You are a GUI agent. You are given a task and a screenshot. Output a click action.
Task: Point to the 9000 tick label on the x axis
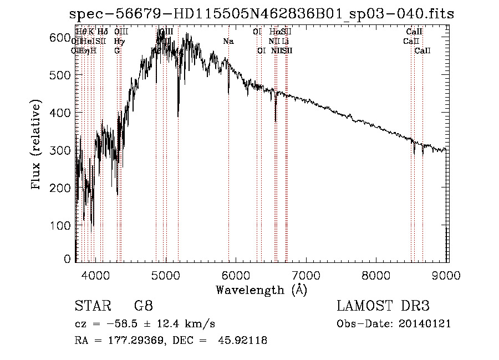click(447, 274)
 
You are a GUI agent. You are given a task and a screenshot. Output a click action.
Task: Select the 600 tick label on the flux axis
click(63, 37)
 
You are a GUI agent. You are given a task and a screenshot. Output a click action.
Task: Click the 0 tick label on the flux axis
click(68, 259)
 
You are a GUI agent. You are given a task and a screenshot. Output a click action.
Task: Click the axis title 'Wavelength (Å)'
click(261, 289)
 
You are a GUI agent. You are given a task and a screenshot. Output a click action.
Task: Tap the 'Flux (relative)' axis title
click(37, 146)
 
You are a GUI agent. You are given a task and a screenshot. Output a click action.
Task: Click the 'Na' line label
click(228, 42)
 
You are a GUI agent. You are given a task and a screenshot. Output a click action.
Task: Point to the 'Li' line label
click(285, 42)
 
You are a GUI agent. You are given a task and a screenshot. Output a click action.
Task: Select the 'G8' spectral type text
click(142, 306)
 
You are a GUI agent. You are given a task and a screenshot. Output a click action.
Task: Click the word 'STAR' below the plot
click(89, 306)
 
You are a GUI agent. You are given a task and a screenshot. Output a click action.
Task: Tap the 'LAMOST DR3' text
click(383, 306)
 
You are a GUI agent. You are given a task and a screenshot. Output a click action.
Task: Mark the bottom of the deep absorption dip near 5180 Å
click(178, 116)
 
